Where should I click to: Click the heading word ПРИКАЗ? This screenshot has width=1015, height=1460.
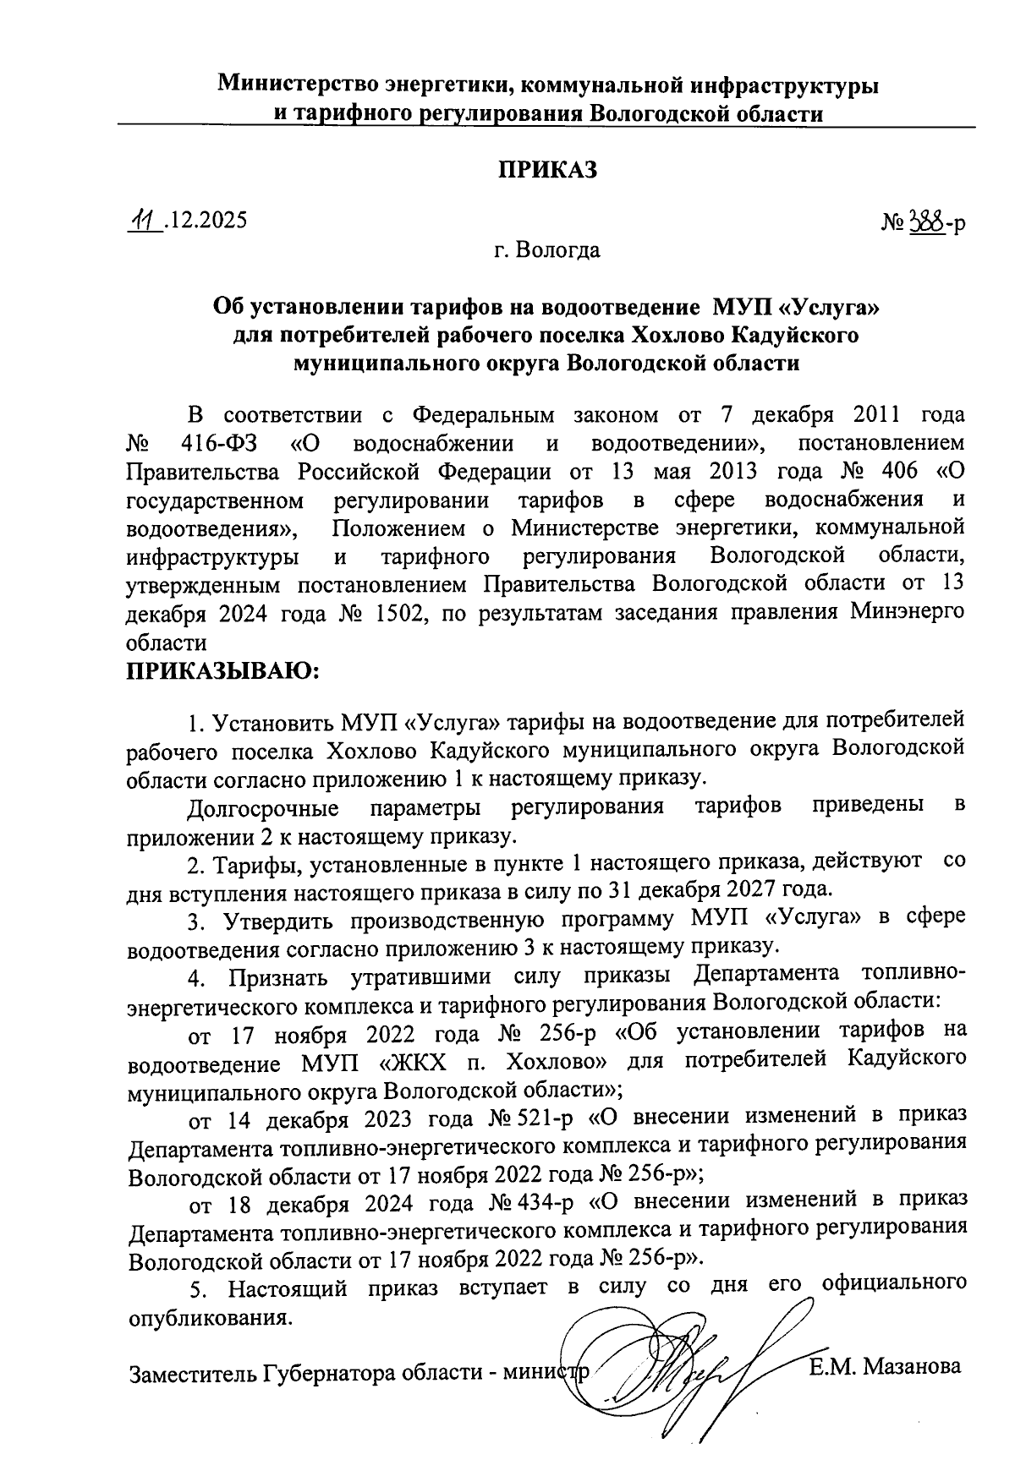pyautogui.click(x=546, y=169)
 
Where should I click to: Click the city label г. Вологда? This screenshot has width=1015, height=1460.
pyautogui.click(x=547, y=250)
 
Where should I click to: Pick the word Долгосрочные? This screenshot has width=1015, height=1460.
pyautogui.click(x=263, y=807)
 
